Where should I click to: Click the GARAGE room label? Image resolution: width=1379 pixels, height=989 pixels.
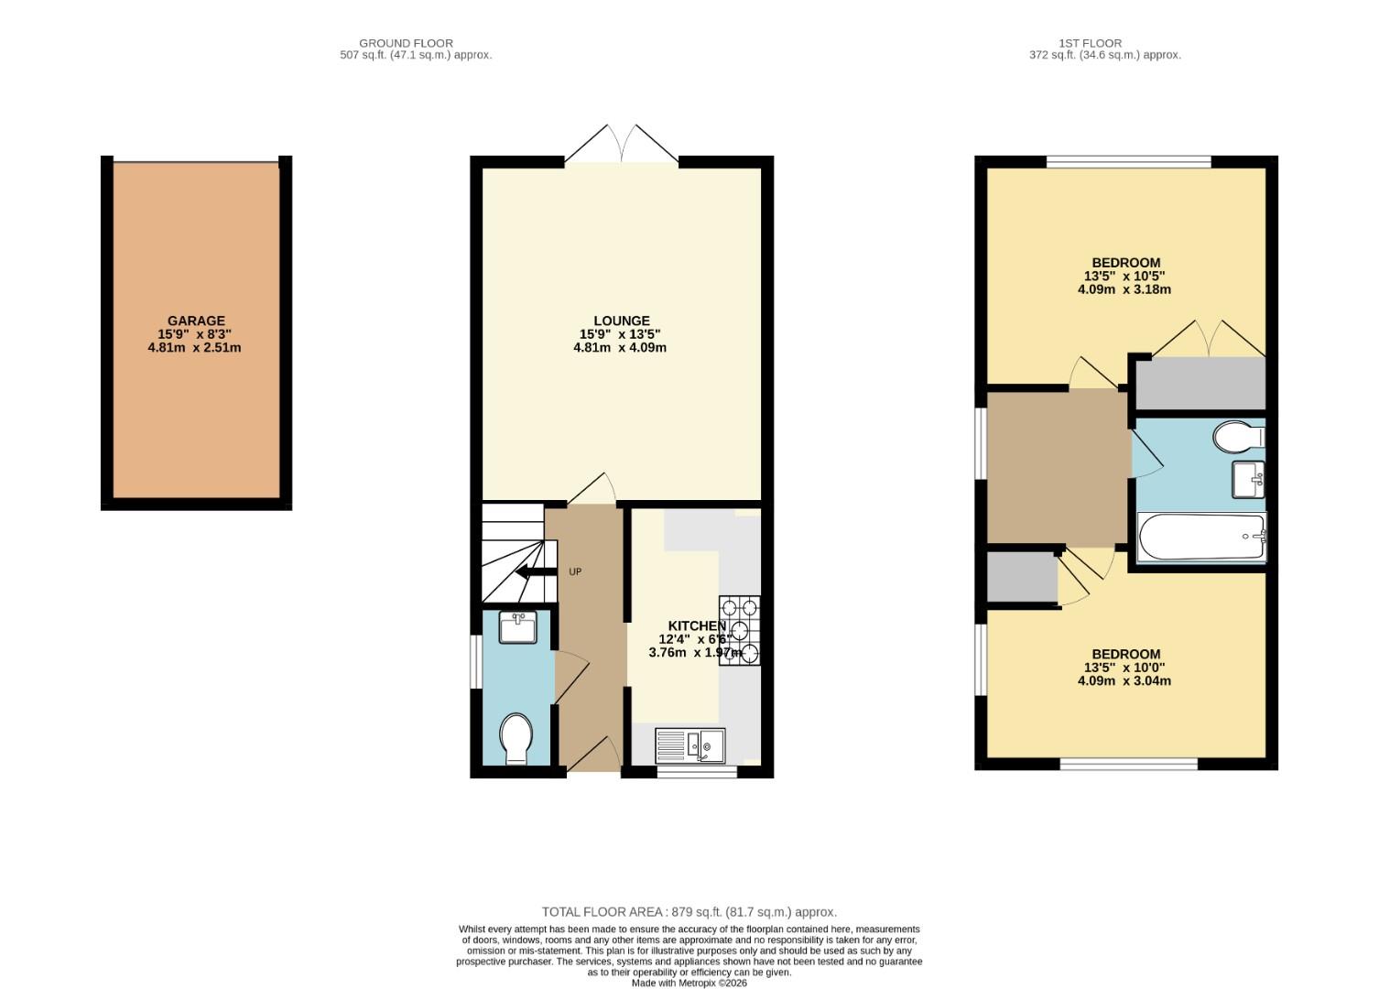pyautogui.click(x=196, y=321)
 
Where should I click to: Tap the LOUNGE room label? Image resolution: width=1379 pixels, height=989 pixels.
pyautogui.click(x=621, y=321)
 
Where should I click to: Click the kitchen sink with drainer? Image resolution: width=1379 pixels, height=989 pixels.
pyautogui.click(x=690, y=745)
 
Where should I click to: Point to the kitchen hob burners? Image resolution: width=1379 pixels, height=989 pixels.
pyautogui.click(x=740, y=630)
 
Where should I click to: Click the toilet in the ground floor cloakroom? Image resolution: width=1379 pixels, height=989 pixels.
pyautogui.click(x=516, y=737)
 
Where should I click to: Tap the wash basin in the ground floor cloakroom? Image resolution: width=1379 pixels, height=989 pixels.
pyautogui.click(x=518, y=628)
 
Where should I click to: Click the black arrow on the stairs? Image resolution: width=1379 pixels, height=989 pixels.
pyautogui.click(x=536, y=572)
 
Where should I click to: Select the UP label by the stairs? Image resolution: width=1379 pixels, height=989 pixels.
pyautogui.click(x=575, y=572)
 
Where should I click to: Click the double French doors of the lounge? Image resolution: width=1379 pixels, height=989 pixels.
pyautogui.click(x=622, y=147)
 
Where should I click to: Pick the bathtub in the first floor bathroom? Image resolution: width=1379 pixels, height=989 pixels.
pyautogui.click(x=1201, y=537)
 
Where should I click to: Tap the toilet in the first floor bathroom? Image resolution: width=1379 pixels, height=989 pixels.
pyautogui.click(x=1238, y=436)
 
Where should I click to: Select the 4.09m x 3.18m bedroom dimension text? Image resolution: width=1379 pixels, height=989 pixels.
pyautogui.click(x=1124, y=289)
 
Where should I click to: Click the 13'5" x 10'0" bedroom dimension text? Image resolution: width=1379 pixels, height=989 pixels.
pyautogui.click(x=1124, y=668)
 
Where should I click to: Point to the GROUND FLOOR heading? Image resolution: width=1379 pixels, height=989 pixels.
pyautogui.click(x=406, y=43)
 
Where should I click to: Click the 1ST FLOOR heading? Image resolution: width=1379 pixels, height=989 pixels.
pyautogui.click(x=1090, y=43)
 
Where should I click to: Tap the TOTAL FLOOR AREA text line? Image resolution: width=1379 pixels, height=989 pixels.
pyautogui.click(x=689, y=912)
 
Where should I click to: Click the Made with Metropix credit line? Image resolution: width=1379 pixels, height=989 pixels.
pyautogui.click(x=689, y=983)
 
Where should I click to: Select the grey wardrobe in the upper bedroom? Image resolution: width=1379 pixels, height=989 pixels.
pyautogui.click(x=1200, y=384)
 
